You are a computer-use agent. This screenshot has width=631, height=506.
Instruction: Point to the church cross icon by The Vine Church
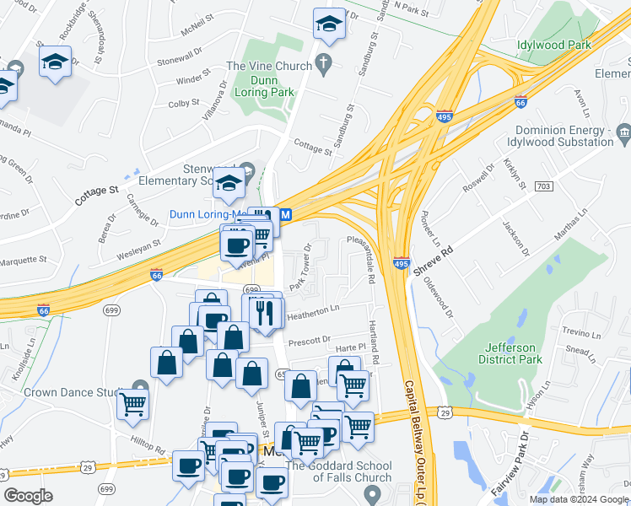point(323,63)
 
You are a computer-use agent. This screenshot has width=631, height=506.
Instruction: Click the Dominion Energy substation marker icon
point(623,131)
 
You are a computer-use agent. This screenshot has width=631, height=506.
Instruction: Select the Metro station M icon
point(286,215)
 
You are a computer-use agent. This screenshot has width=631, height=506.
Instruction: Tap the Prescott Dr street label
point(308,341)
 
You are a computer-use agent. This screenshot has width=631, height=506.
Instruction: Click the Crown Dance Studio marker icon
point(140,389)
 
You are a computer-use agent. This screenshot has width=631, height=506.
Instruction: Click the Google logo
point(29,496)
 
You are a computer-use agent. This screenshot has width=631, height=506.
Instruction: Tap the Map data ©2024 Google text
point(578,498)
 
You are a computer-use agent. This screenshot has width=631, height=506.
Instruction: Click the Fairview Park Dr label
point(511,463)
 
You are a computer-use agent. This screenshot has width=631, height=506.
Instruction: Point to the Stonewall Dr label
point(180,58)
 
